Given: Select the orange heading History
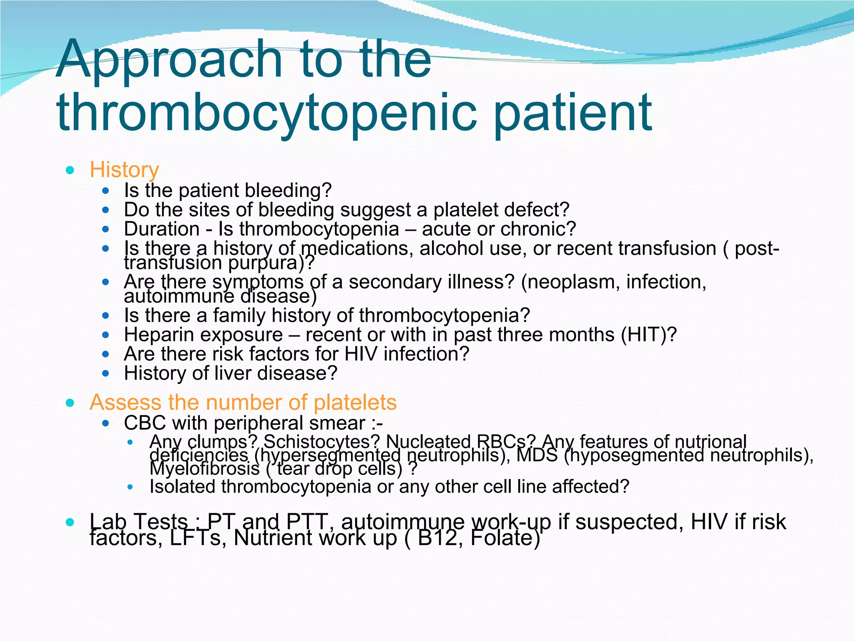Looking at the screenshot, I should pyautogui.click(x=124, y=170).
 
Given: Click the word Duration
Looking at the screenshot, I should pyautogui.click(x=162, y=229).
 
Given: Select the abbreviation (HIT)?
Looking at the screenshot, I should pyautogui.click(x=649, y=335).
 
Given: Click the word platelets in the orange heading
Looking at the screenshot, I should pyautogui.click(x=355, y=402).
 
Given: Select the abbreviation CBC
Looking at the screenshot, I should pyautogui.click(x=145, y=423).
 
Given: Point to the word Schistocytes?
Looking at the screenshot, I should pyautogui.click(x=323, y=442).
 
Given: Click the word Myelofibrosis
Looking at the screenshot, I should pyautogui.click(x=204, y=469).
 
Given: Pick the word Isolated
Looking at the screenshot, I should pyautogui.click(x=183, y=487).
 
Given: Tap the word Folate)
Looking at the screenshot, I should pyautogui.click(x=505, y=538).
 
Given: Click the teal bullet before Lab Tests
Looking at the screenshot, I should pyautogui.click(x=70, y=522).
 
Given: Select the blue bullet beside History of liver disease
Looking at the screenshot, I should pyautogui.click(x=105, y=373).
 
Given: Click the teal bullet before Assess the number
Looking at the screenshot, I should pyautogui.click(x=70, y=403).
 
